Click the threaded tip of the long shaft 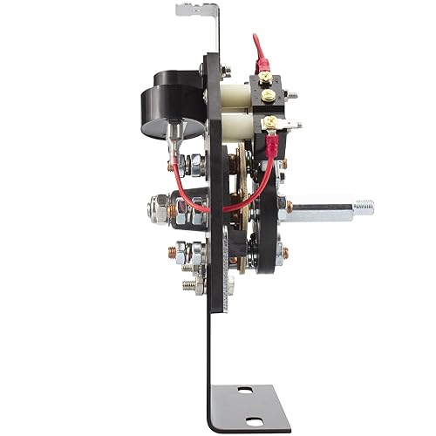[364, 208]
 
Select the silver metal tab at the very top [194, 10]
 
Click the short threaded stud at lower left [189, 283]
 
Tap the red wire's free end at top [255, 39]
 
